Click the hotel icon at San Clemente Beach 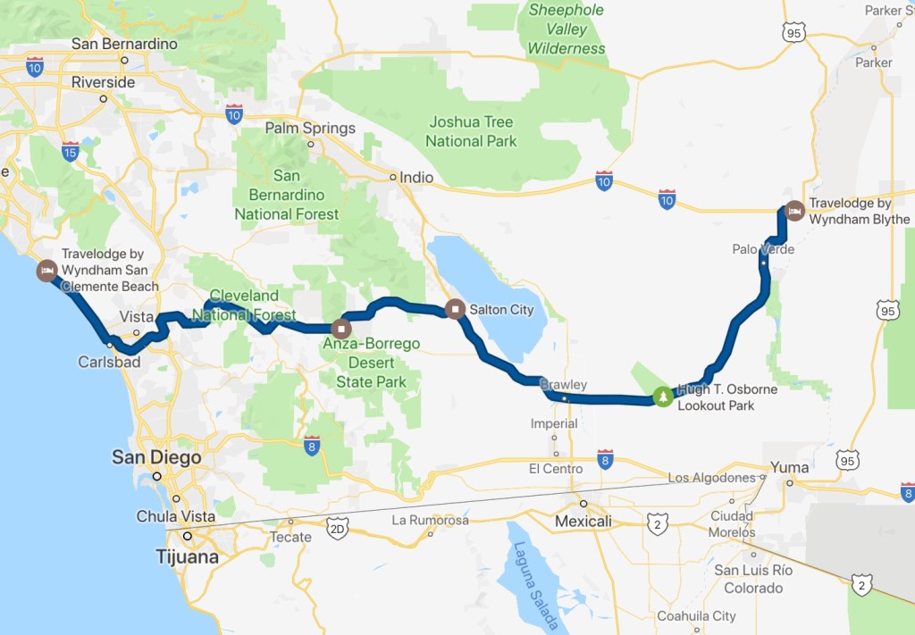tap(46, 270)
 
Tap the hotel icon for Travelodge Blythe tap(794, 211)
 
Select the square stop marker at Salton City tap(455, 310)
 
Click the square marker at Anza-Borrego tap(340, 327)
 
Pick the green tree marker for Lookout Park tap(663, 396)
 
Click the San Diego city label tap(155, 458)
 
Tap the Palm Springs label tap(310, 129)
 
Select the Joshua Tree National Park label tap(471, 131)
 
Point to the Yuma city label tap(790, 467)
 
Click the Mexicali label tap(583, 521)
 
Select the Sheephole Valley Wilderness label tap(566, 29)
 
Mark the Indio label tap(416, 177)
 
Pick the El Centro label tap(555, 469)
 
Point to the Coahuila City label tap(696, 615)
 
